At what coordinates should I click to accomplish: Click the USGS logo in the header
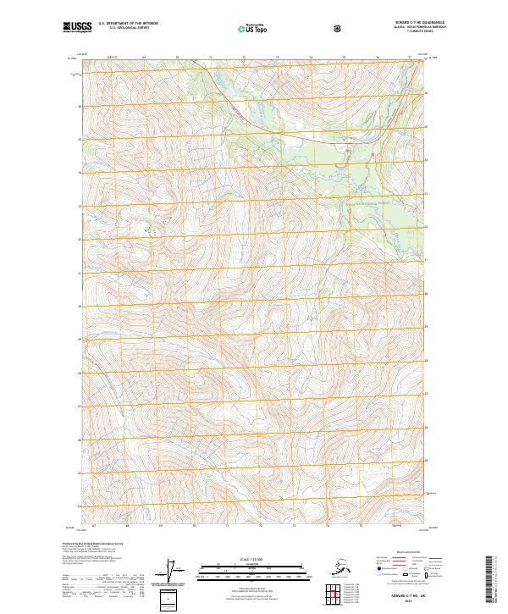(x=78, y=28)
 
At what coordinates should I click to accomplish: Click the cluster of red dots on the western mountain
(x=152, y=230)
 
